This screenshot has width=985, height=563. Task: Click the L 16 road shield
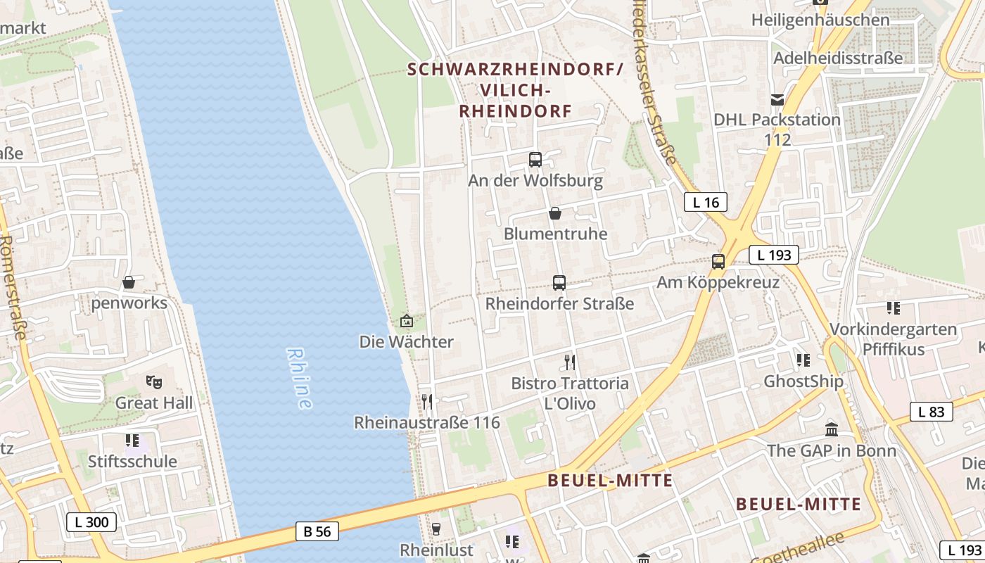point(706,203)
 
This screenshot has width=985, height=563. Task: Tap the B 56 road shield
point(317,531)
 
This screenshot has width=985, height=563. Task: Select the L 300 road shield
point(91,522)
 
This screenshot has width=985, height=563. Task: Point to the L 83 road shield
point(931,412)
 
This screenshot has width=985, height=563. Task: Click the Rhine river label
point(299,378)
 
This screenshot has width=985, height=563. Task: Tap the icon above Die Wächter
point(407,322)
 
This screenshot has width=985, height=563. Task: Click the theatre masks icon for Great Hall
point(154,382)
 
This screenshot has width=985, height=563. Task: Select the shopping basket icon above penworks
point(129,282)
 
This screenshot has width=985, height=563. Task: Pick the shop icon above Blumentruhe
point(555,213)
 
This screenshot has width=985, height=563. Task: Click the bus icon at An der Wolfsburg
point(535,160)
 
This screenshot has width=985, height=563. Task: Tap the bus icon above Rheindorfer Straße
point(559,283)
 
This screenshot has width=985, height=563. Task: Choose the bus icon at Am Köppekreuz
point(718,262)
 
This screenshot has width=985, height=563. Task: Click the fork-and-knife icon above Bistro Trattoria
point(570,362)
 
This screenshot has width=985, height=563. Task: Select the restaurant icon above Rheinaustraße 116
point(427,402)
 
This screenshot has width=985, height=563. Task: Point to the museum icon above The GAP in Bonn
point(832,429)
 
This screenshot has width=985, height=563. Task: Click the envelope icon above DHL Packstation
point(777,100)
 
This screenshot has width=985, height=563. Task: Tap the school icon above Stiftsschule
point(132,441)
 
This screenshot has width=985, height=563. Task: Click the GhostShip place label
point(803,381)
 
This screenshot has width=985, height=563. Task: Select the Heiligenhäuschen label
point(820,20)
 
